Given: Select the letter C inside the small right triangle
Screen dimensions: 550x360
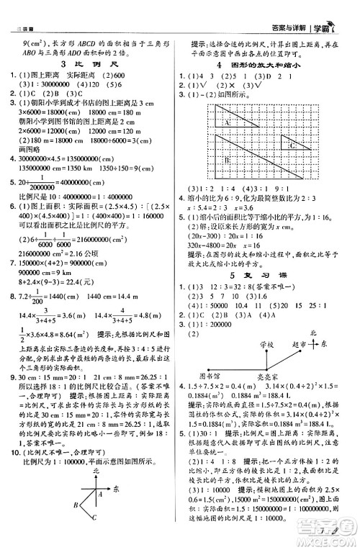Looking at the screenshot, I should tap(291, 145).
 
